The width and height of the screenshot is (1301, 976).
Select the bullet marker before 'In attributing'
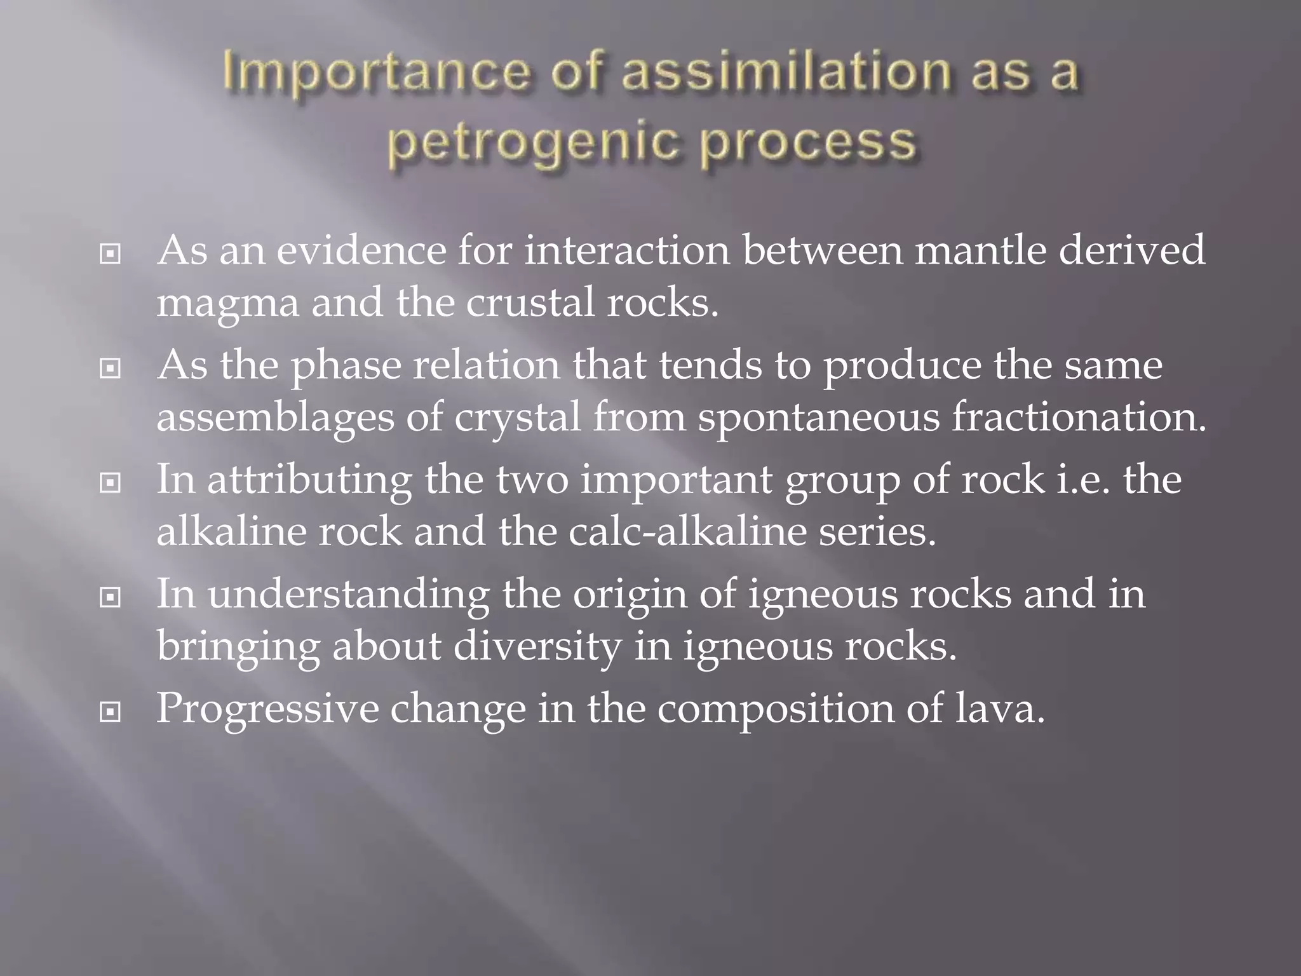point(111,483)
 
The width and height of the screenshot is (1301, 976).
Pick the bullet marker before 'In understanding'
point(111,597)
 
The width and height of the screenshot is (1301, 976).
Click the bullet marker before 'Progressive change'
point(111,712)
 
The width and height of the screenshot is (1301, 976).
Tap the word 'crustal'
point(530,302)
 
